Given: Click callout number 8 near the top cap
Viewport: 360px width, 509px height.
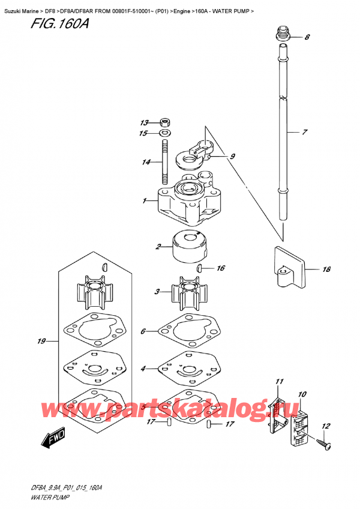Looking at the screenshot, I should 307,37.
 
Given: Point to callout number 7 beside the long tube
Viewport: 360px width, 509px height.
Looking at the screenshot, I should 305,131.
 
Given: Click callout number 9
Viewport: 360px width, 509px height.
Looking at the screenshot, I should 232,157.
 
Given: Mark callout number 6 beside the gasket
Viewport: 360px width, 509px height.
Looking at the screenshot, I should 143,331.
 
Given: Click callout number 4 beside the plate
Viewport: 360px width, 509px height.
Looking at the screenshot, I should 143,368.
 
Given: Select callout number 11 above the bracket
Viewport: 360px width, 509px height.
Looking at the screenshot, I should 278,382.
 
